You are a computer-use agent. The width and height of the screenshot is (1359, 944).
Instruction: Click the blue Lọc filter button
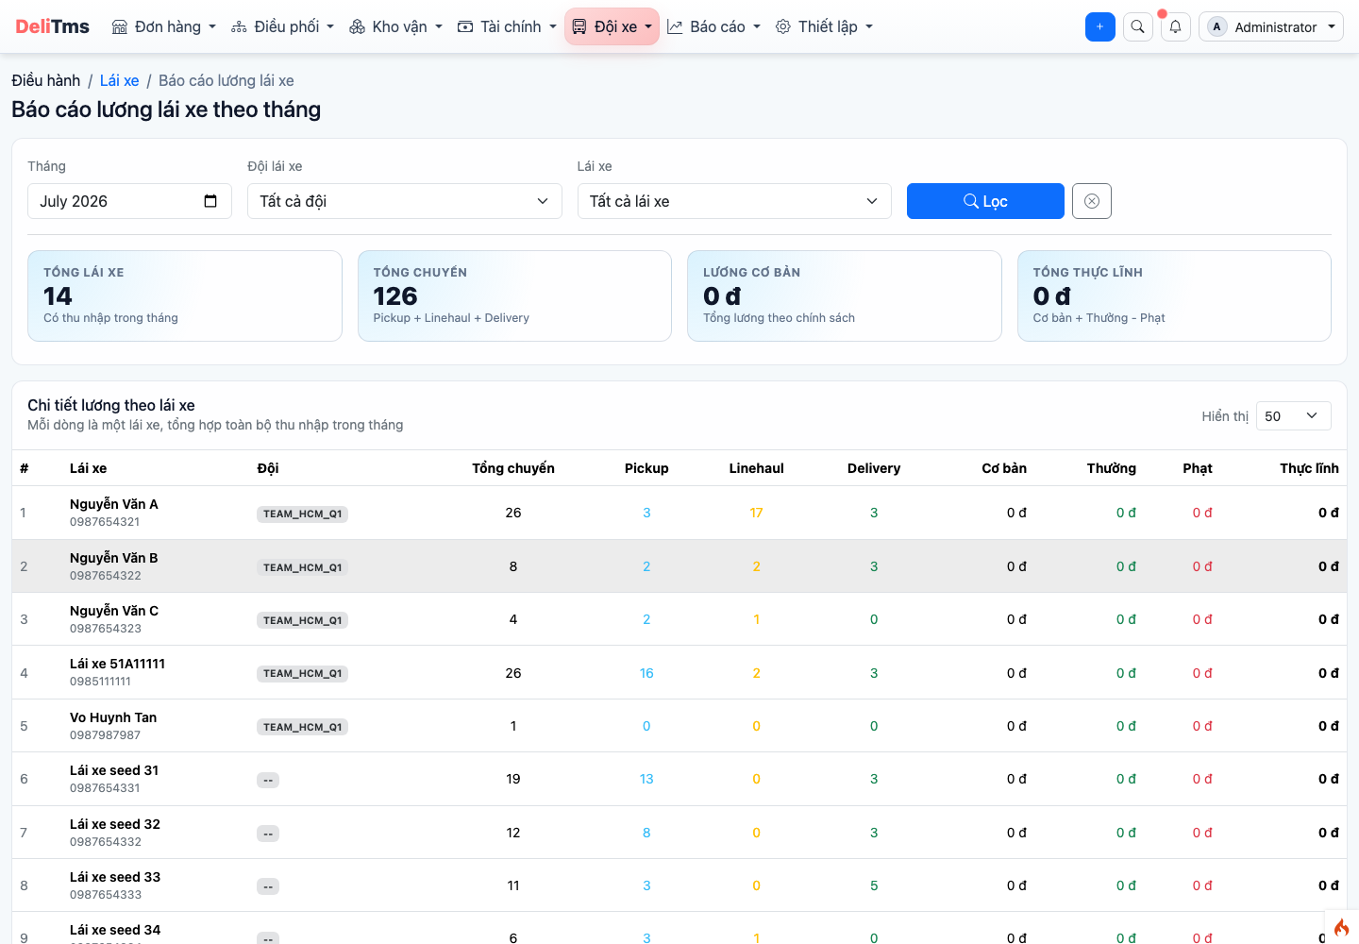pos(984,201)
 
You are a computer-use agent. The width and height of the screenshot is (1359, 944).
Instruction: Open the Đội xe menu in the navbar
pos(612,26)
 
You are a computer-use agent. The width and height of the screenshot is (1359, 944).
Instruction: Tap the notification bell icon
pos(1175,26)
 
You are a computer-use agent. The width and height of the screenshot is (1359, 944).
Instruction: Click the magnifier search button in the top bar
pos(1137,26)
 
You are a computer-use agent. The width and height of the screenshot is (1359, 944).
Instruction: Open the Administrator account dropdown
pos(1271,26)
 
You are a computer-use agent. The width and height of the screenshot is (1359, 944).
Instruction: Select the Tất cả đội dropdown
pos(404,201)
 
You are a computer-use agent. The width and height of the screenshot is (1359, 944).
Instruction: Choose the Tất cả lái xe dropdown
pos(734,201)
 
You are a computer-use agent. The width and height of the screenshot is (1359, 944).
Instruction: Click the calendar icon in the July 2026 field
pos(210,201)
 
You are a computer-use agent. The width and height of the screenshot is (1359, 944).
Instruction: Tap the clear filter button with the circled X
pos(1091,201)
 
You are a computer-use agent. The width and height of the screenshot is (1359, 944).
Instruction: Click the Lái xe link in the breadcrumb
pos(120,80)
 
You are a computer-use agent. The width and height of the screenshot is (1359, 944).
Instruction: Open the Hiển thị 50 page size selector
pos(1293,416)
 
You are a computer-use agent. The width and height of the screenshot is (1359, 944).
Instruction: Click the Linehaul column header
pos(756,468)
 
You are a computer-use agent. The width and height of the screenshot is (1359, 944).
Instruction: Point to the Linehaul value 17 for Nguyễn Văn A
pos(756,513)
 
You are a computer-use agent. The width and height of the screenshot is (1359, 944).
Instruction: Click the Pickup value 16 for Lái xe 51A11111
pos(646,673)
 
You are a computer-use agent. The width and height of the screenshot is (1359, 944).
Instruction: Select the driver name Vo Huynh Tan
pos(113,717)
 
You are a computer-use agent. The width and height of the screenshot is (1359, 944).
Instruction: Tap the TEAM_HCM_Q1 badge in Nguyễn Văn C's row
pos(302,620)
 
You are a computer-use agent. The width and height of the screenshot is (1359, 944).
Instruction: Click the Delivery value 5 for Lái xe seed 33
pos(874,885)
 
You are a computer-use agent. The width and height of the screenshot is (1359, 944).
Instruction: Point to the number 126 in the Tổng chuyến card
pos(394,296)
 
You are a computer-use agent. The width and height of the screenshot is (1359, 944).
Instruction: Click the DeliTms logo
pos(52,26)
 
